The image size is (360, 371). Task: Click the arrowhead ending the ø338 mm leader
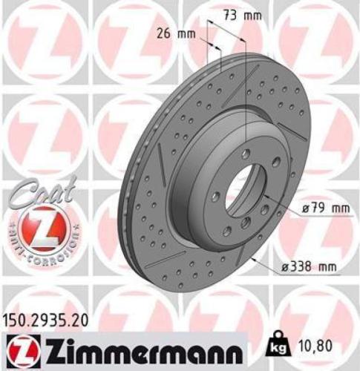click(x=254, y=257)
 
